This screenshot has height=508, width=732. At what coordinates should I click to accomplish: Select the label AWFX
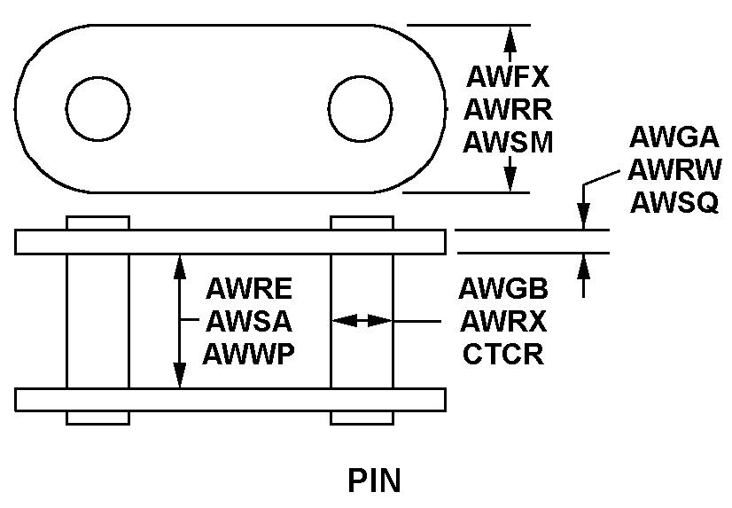point(509,77)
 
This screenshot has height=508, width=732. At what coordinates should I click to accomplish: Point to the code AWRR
point(509,110)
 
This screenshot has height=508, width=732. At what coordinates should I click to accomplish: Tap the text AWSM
point(509,142)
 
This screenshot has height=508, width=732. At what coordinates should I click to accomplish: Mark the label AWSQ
point(674,202)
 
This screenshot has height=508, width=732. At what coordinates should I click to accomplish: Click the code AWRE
point(249,289)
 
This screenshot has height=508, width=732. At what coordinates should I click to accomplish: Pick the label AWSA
point(249,321)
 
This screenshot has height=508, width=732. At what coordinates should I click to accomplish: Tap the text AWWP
point(249,354)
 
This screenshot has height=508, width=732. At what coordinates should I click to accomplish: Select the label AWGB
point(503,289)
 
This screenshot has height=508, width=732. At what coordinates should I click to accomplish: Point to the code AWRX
point(503,321)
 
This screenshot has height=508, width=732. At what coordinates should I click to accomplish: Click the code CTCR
point(503,354)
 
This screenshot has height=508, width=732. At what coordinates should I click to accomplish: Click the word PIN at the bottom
point(373,480)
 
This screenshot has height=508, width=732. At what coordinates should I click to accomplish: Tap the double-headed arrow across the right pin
point(362,320)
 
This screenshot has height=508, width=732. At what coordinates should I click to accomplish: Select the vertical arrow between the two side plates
point(180,320)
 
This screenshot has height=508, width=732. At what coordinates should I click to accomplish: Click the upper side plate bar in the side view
point(230,242)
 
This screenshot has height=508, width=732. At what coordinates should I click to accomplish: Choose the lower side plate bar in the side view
point(230,399)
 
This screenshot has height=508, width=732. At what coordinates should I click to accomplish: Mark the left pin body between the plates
point(97,320)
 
